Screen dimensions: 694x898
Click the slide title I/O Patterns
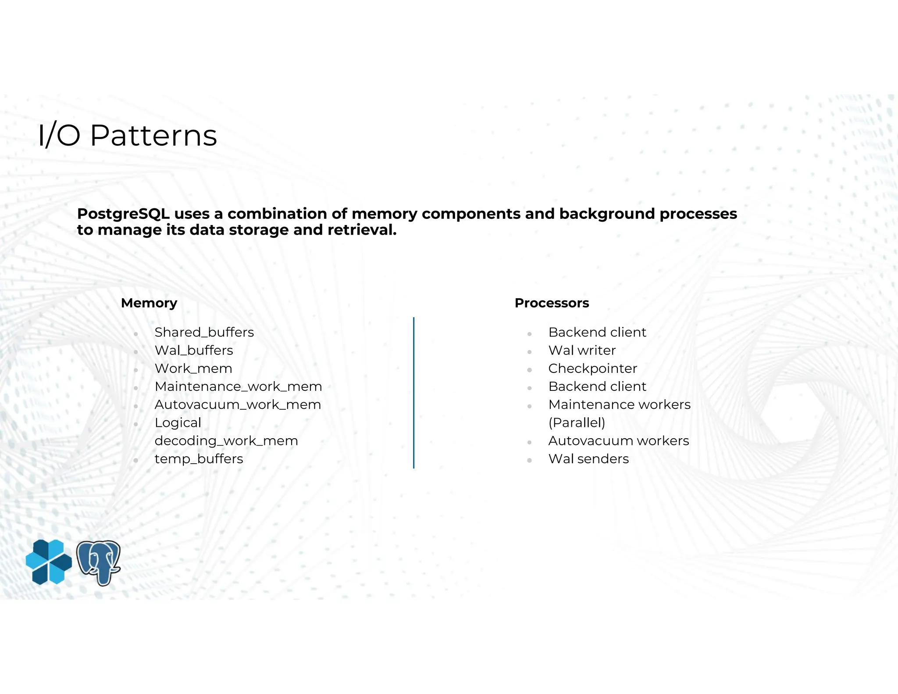click(127, 135)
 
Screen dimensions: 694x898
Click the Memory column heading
click(149, 303)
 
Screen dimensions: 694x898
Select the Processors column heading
click(551, 303)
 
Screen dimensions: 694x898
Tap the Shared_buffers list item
click(204, 333)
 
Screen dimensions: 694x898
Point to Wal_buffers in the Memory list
click(193, 351)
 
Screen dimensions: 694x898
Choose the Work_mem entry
click(193, 368)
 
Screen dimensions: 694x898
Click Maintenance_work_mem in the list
click(238, 386)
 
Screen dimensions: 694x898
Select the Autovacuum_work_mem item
click(237, 404)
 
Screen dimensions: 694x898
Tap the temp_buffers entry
click(199, 459)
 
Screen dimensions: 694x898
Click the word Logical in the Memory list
click(178, 423)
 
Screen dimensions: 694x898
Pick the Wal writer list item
click(581, 351)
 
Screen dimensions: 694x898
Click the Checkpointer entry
click(592, 368)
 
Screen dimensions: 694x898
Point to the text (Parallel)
click(576, 423)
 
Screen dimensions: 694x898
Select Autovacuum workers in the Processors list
click(618, 441)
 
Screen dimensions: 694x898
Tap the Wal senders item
click(588, 459)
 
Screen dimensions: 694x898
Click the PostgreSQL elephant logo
click(99, 562)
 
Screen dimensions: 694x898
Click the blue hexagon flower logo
click(49, 562)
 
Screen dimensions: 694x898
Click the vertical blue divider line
click(413, 393)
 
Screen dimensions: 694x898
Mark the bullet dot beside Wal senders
click(529, 460)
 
